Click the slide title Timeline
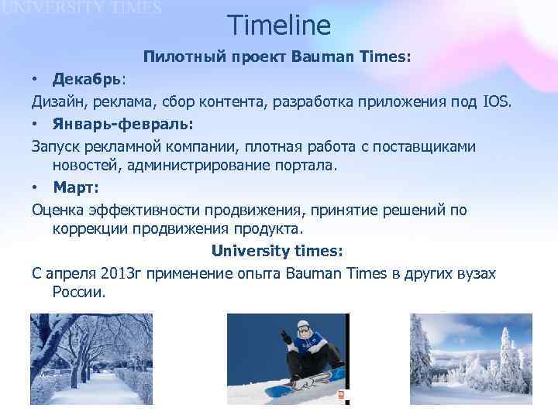click(x=279, y=26)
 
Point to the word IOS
click(x=497, y=101)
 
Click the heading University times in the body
click(x=277, y=252)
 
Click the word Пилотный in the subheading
click(x=177, y=57)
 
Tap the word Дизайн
click(x=60, y=101)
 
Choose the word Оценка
click(x=59, y=211)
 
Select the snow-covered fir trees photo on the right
click(x=470, y=358)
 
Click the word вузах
click(x=477, y=274)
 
